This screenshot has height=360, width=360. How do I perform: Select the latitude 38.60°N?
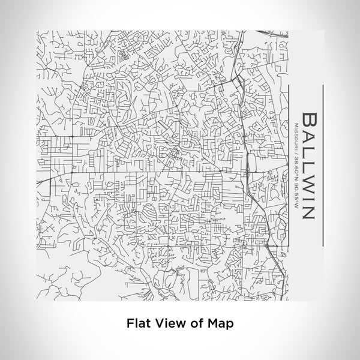296,166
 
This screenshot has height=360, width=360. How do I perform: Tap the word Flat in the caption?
137,322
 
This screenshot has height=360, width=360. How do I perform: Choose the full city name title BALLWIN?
311,164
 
